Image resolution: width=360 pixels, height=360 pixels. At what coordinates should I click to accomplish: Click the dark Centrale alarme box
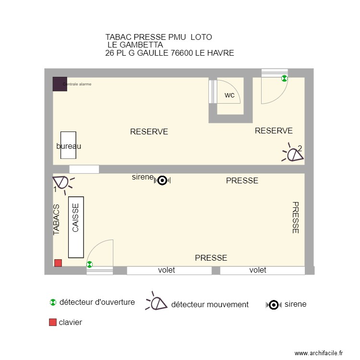point(60,84)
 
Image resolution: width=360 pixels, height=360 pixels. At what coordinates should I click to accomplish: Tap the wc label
point(230,95)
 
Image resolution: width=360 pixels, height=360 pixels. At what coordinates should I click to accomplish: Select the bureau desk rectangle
point(68,145)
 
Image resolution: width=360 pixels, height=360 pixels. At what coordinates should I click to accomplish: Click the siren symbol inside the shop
point(162,180)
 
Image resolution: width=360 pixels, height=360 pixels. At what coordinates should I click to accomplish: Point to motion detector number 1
point(61,182)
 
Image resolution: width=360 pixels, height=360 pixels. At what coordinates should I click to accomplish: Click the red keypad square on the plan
point(58,263)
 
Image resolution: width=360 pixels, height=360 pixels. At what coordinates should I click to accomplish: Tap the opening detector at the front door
point(90,264)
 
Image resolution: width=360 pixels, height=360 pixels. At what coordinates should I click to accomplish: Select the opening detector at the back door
point(284,78)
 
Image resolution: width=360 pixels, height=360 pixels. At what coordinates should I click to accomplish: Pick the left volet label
point(167,270)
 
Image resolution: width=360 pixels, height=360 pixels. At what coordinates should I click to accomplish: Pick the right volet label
point(258,270)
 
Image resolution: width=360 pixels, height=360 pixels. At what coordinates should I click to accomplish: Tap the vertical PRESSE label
point(295,217)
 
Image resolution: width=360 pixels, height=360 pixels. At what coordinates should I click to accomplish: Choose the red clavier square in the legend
point(53,323)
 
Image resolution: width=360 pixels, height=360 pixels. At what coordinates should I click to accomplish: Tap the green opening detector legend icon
point(53,302)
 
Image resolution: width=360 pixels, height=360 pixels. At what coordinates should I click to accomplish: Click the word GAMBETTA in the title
point(142,45)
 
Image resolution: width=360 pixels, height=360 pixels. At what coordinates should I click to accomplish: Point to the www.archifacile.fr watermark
point(318,353)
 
